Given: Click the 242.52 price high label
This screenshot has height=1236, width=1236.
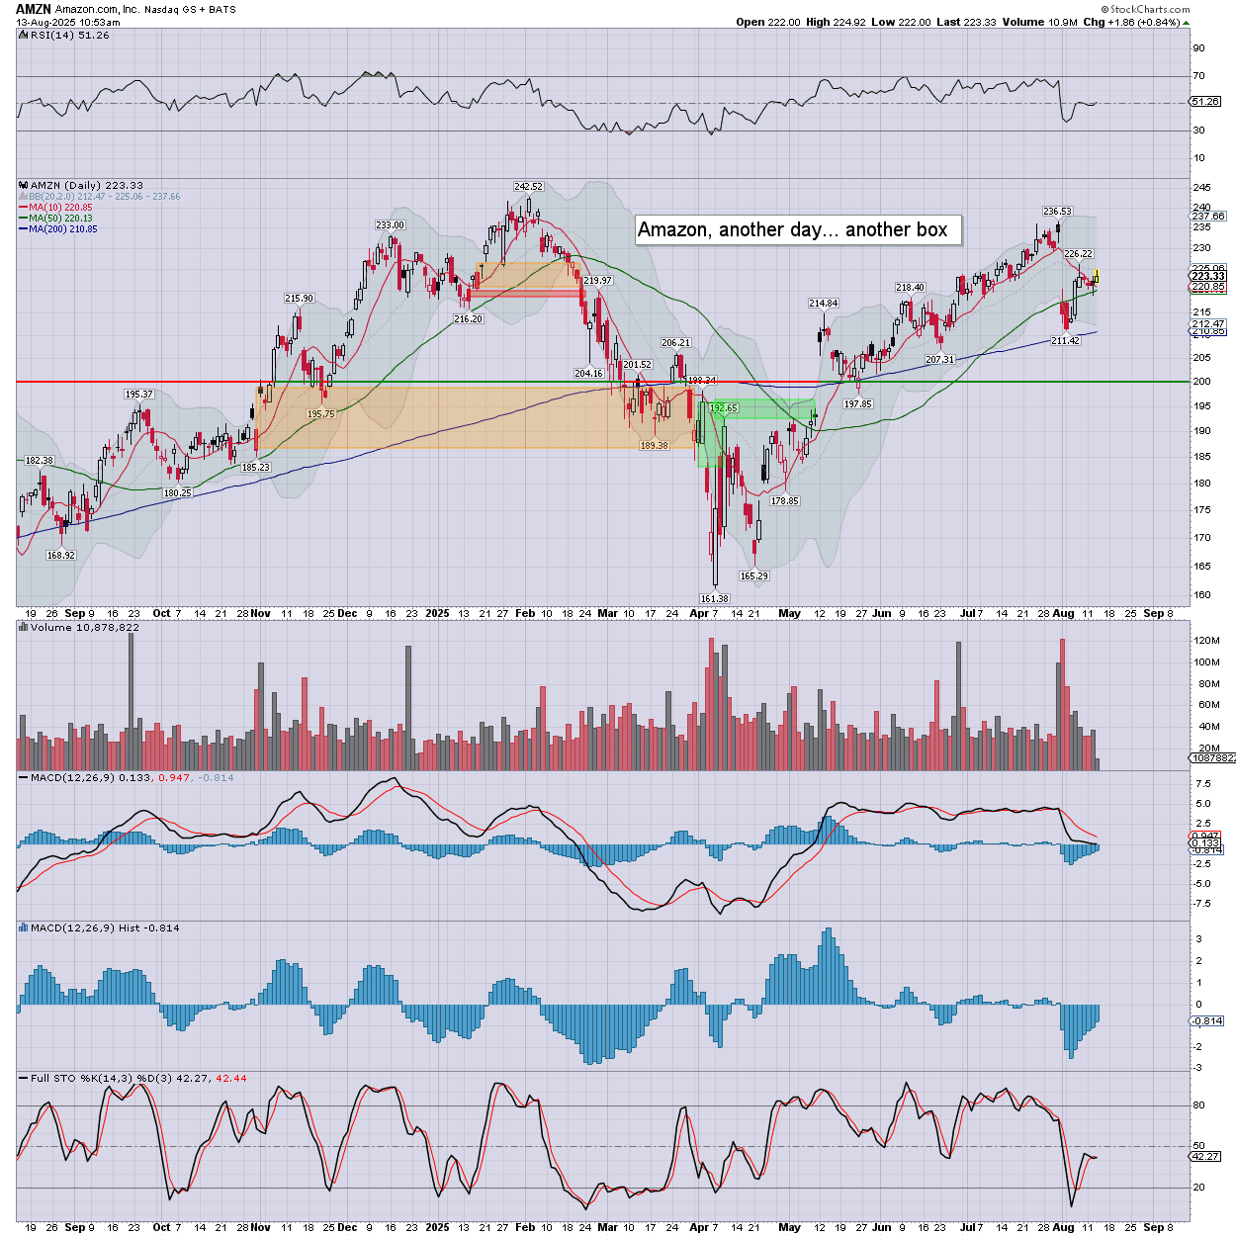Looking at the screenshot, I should click(528, 187).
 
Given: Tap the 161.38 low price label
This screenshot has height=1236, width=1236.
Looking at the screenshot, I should click(714, 599).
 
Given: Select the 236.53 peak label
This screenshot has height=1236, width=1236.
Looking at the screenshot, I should click(1057, 212).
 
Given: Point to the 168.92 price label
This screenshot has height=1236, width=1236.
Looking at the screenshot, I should click(61, 556).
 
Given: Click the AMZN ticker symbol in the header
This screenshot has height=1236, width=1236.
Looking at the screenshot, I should click(33, 9).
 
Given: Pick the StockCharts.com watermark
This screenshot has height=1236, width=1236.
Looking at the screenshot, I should click(1149, 9).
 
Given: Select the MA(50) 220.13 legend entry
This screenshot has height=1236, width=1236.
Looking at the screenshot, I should click(60, 219).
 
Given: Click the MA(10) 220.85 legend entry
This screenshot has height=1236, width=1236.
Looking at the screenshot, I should click(60, 208).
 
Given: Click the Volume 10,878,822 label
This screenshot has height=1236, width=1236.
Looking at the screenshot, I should click(84, 628).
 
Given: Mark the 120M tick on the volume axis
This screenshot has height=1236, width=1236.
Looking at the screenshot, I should click(1206, 641).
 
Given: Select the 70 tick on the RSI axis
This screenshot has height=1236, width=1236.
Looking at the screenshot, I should click(1198, 76).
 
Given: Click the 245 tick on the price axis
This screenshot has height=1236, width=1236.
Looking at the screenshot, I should click(1201, 188).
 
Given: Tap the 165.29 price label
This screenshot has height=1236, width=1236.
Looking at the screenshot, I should click(753, 576).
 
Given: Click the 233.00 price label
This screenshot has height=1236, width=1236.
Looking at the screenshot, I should click(390, 225).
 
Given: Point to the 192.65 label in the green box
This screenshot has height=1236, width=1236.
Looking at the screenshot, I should click(724, 408).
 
